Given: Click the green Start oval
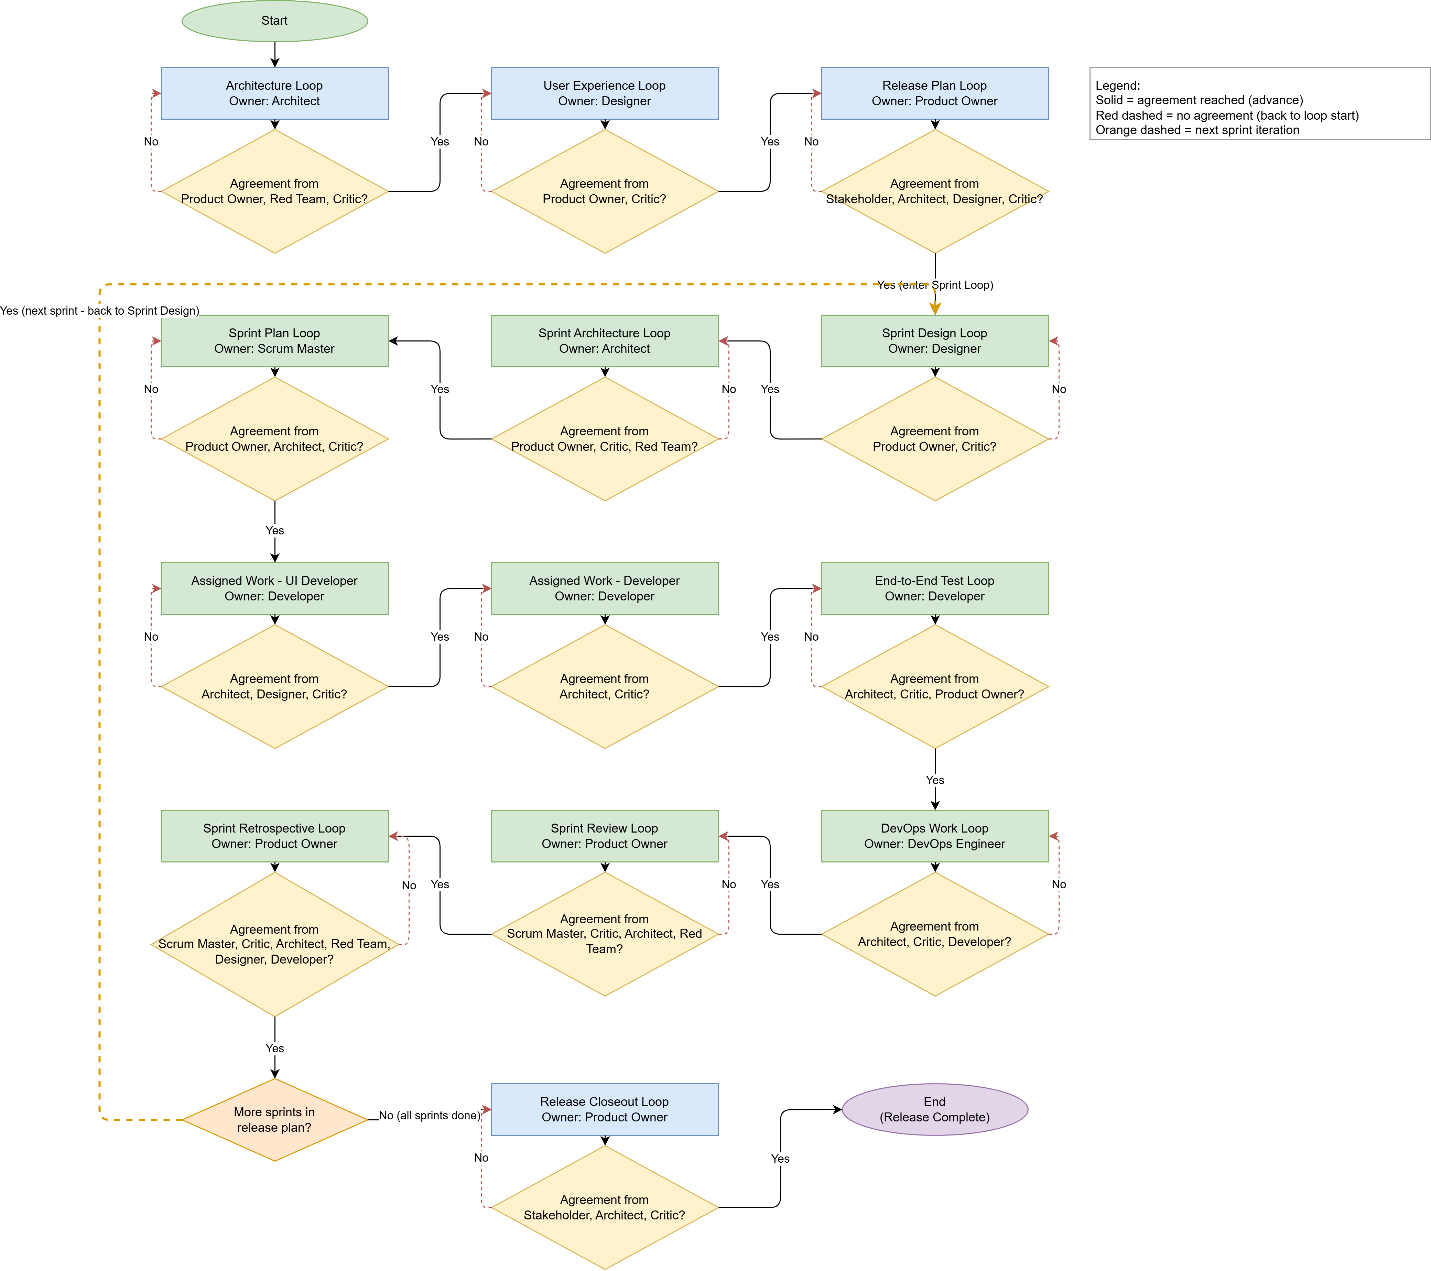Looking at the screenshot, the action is coord(274,21).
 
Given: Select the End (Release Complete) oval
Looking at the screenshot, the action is coord(935,1109).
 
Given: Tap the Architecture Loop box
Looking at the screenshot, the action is coord(274,93).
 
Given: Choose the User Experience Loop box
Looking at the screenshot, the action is coord(605,93).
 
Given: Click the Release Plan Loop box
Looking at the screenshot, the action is coord(935,93).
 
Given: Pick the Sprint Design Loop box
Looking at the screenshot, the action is coord(935,341).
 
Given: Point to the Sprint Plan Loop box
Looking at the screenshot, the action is coord(274,341).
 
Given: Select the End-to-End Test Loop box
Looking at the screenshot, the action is coord(935,589).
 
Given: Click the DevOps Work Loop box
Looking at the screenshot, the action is coord(935,836).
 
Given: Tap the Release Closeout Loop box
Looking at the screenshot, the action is coord(605,1109).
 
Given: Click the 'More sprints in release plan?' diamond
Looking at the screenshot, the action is coord(274,1120).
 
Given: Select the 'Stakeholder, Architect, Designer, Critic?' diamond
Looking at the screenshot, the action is coord(935,191).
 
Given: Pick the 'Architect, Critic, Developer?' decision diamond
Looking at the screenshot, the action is coord(935,934).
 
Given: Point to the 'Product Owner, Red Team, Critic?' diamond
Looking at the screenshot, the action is coord(274,191).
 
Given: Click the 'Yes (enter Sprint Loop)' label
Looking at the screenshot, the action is coord(935,285).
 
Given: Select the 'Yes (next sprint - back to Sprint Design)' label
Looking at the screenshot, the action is coord(99,311).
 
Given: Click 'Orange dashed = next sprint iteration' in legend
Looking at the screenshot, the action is coord(1197,130).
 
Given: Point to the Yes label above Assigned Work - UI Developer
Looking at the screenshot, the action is coord(274,531).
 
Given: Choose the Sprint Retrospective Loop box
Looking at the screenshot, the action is coord(274,836).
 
